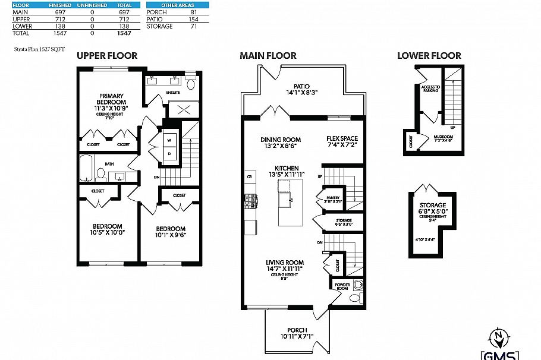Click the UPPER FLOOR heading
pyautogui.click(x=107, y=56)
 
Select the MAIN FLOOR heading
pyautogui.click(x=268, y=56)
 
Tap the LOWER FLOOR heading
pyautogui.click(x=429, y=56)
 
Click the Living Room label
pyautogui.click(x=286, y=262)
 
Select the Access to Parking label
pyautogui.click(x=430, y=89)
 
